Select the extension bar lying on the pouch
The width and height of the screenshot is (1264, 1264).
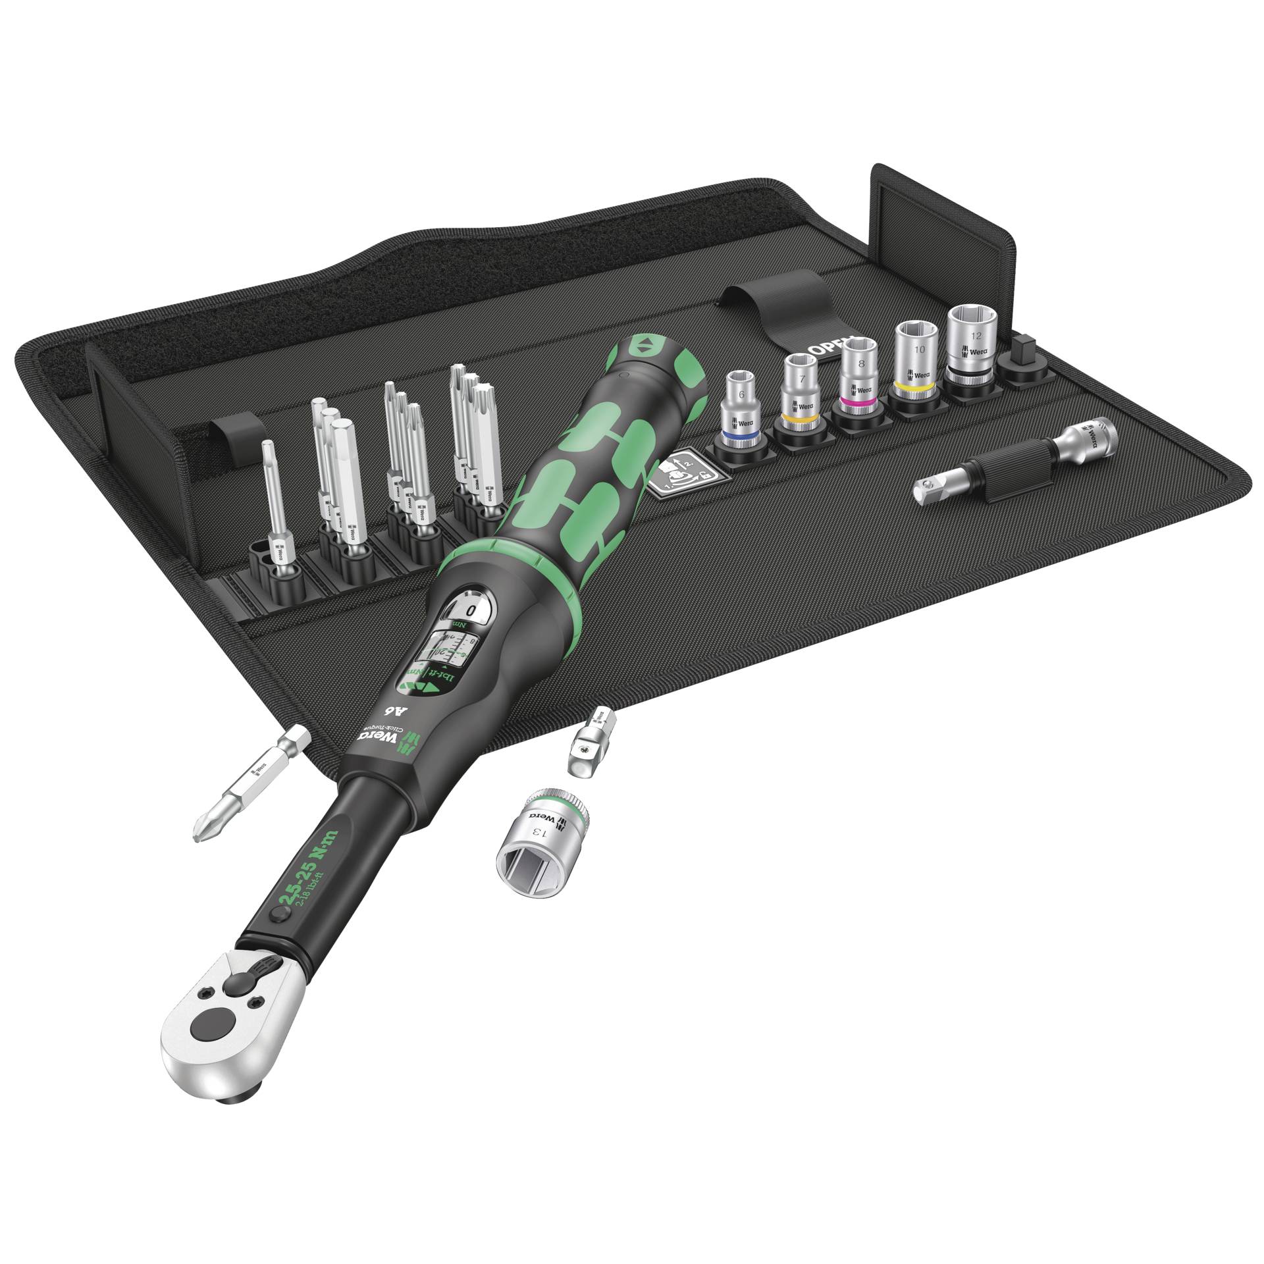1014,461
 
